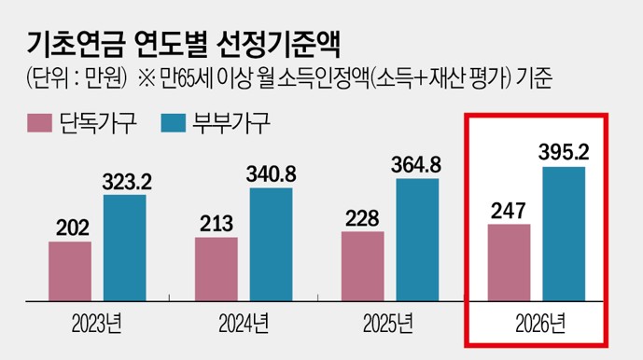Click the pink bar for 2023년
pos(70,270)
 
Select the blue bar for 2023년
pos(124,247)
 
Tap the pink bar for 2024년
pos(217,269)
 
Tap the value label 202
pos(69,228)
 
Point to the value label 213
pos(217,224)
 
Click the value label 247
pos(509,210)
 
